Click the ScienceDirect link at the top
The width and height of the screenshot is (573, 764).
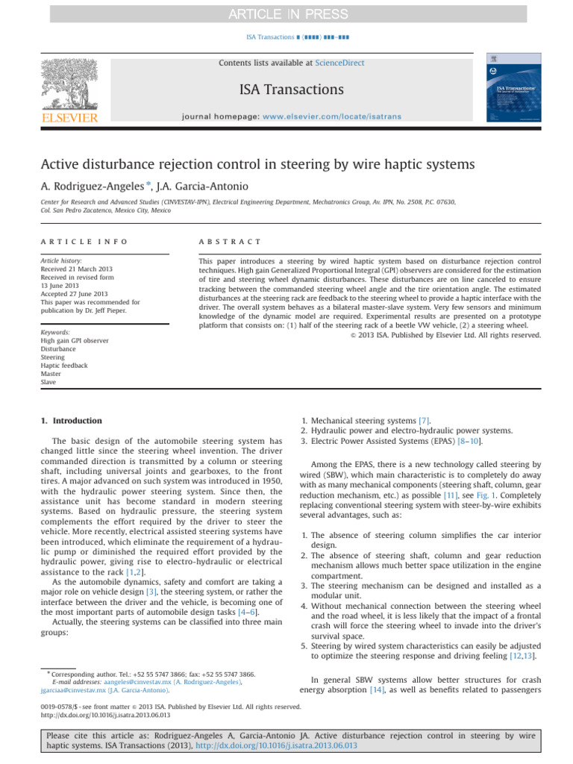pos(340,63)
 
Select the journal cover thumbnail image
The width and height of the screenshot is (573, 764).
pos(513,88)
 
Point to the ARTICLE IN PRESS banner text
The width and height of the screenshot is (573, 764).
pos(286,13)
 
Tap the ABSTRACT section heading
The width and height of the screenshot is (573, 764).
pos(230,242)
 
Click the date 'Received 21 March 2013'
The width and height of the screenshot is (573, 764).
pos(81,271)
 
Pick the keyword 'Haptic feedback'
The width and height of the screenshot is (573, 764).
pos(64,366)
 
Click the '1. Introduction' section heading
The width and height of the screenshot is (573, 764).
pos(68,421)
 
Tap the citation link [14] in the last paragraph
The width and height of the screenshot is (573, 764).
pos(378,690)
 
